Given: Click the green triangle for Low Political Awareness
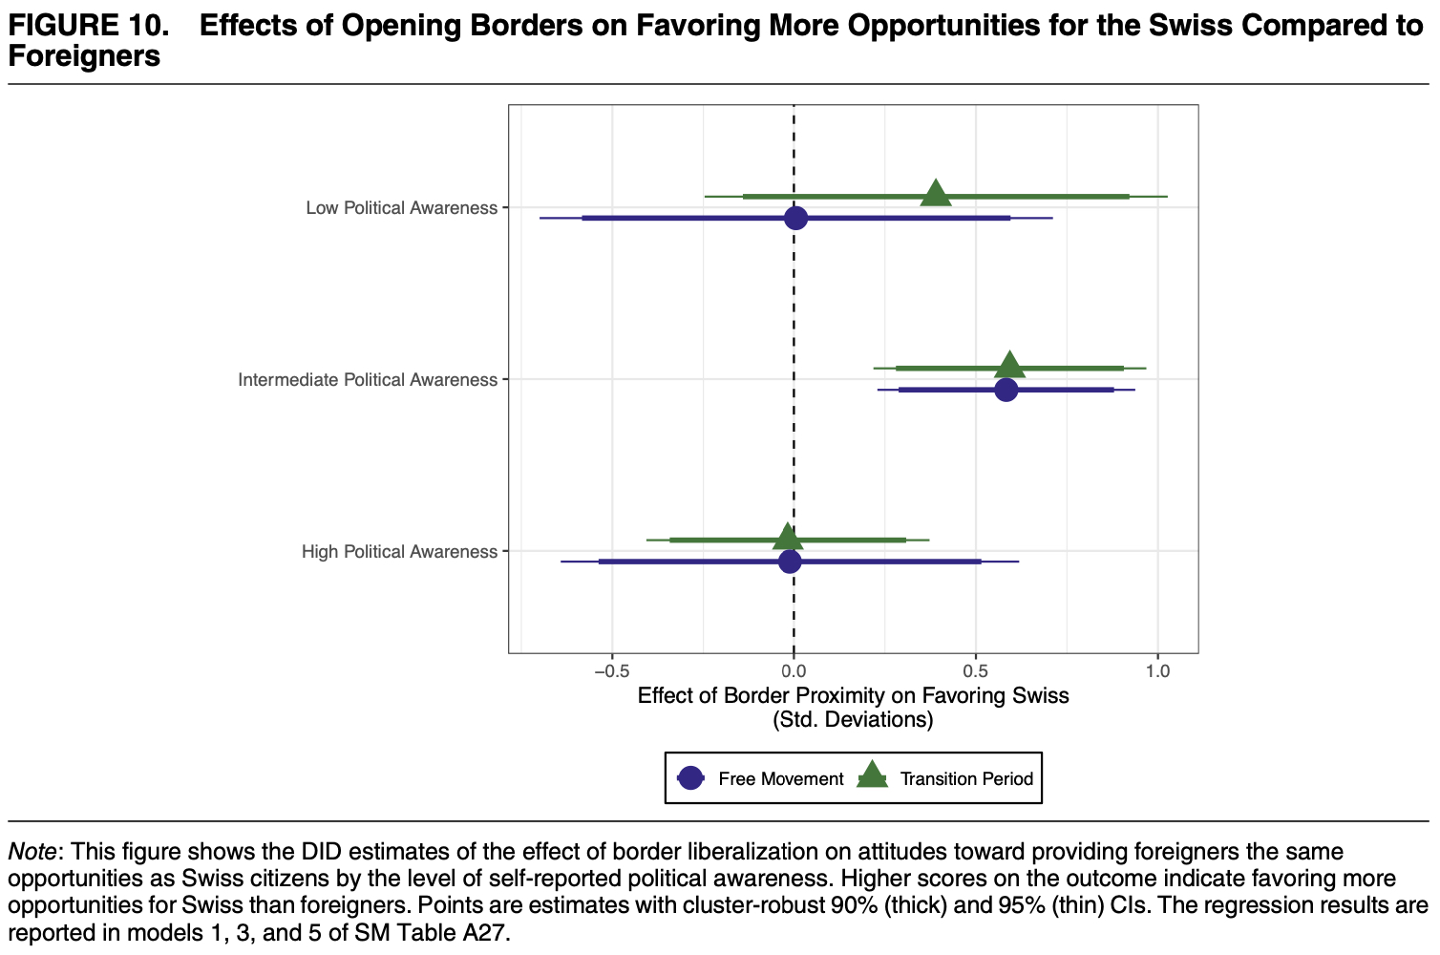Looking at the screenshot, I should [x=936, y=195].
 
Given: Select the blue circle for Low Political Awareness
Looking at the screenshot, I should [x=795, y=218].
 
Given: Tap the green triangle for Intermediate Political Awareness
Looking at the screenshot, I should [x=1009, y=366].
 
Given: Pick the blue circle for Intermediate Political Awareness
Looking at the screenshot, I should [x=1006, y=390].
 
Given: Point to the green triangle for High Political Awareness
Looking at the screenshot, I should [x=787, y=538].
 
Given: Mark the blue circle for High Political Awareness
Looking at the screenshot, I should [x=790, y=562].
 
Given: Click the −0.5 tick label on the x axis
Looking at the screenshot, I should [x=611, y=671].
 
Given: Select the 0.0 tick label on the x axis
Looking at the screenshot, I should [x=794, y=671].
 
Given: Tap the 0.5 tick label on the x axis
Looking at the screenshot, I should [x=975, y=671].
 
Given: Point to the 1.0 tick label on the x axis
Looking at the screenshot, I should [x=1157, y=671].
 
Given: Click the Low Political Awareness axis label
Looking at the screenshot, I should [x=401, y=208].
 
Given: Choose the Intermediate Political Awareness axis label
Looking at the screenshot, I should [x=368, y=380].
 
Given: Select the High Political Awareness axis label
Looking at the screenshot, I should [x=399, y=552].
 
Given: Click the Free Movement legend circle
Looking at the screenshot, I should [x=690, y=778].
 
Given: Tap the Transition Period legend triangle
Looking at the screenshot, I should [x=872, y=776].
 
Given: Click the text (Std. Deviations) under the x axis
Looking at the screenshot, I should [x=853, y=720].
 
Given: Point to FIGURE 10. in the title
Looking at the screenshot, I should [x=88, y=26].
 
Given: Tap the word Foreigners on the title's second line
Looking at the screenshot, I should [x=84, y=56].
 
